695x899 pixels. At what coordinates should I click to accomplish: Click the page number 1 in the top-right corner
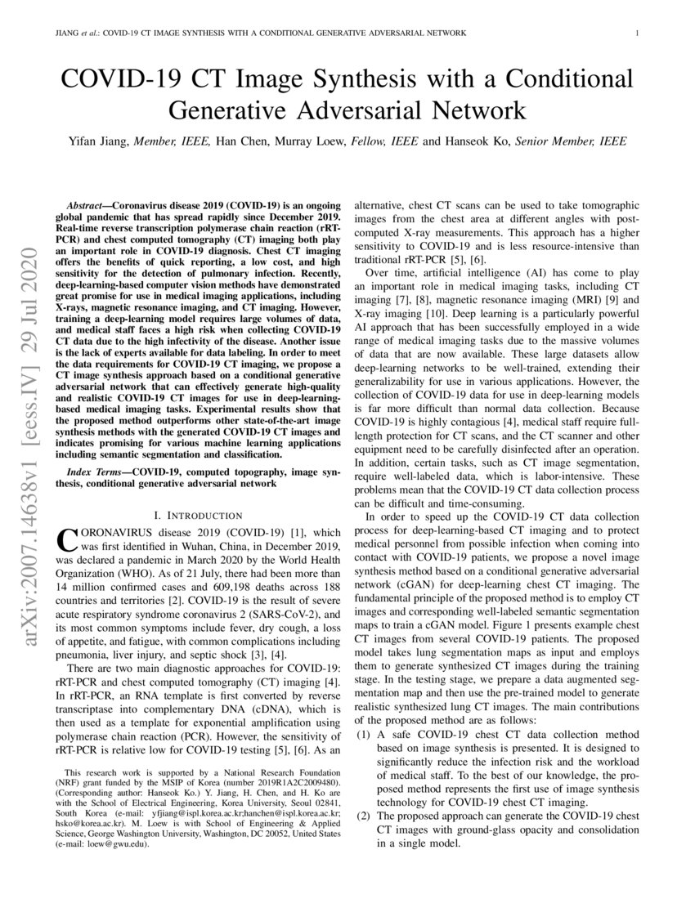pyautogui.click(x=636, y=34)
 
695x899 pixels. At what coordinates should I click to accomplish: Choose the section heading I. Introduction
pyautogui.click(x=199, y=515)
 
